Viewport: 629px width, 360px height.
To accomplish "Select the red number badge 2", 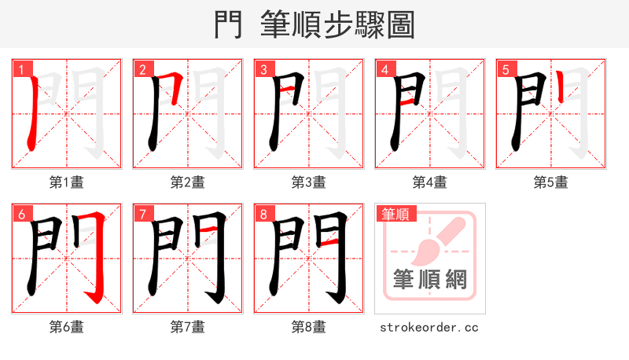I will (142, 69).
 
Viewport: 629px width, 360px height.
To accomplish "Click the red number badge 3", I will (263, 69).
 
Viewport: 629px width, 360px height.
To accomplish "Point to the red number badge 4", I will (384, 69).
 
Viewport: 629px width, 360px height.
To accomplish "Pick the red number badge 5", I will (506, 69).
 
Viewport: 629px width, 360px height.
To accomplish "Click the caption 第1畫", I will (66, 182).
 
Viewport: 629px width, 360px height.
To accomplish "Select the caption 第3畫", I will (308, 182).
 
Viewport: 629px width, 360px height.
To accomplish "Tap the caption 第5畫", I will (550, 182).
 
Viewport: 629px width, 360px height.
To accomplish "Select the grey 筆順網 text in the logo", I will (429, 279).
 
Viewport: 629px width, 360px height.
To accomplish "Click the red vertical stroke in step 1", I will (31, 118).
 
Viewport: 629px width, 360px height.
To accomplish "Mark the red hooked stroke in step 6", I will (97, 259).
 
